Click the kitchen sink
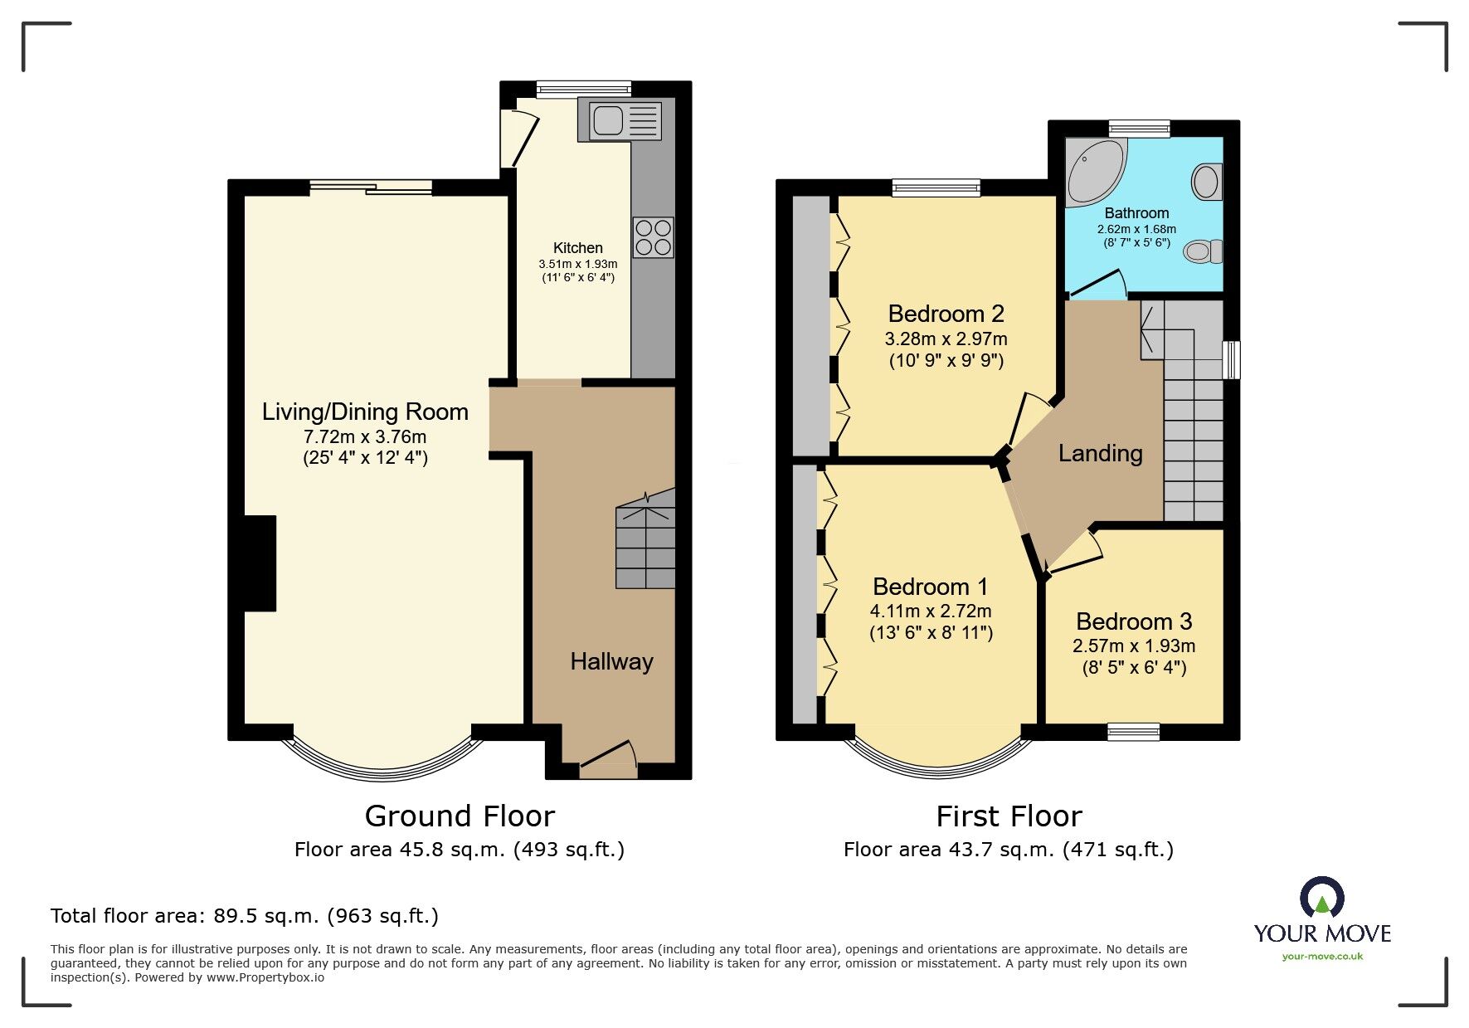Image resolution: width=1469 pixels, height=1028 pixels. coord(624,120)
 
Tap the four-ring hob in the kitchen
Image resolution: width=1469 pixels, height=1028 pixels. coord(653,236)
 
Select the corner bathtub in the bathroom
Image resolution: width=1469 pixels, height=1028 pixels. coord(1094,171)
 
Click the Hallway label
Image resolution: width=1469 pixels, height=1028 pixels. coord(611,661)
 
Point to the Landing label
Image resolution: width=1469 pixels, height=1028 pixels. coord(1100,453)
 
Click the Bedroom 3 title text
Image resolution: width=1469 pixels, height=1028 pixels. coord(1133,621)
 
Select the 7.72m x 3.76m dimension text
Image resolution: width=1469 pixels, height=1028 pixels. coord(365,436)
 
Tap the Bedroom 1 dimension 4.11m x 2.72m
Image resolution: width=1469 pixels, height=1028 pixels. coord(930,611)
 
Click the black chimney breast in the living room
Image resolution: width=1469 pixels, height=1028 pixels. coord(260,563)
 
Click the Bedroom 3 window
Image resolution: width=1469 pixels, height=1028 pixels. coord(1133,731)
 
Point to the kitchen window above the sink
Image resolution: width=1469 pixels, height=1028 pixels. coord(583,89)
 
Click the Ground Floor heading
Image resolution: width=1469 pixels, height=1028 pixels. coord(460,816)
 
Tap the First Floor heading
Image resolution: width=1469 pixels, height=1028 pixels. coord(1009,816)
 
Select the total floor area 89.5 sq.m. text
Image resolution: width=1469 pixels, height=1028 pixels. coord(244,916)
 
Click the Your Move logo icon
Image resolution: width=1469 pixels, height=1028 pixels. coord(1321,898)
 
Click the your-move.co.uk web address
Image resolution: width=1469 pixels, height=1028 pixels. coord(1322,957)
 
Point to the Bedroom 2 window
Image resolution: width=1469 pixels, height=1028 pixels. coord(936,188)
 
